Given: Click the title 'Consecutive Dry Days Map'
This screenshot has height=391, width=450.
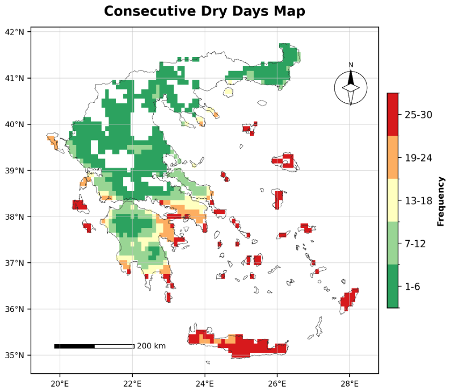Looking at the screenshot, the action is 204,11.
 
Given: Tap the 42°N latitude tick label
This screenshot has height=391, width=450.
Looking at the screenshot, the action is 15,32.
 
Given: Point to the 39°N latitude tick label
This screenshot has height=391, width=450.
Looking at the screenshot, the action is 15,171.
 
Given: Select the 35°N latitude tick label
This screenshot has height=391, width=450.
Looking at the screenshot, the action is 15,355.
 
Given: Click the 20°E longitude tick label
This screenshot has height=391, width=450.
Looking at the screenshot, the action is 60,383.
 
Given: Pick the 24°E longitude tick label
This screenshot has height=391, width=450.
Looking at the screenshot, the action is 205,383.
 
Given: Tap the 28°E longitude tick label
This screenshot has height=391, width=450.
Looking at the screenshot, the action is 349,383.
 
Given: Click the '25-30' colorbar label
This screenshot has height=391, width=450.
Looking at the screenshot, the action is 418,115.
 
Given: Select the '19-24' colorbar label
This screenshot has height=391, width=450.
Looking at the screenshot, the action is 418,158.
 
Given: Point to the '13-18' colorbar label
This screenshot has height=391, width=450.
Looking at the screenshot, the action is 418,201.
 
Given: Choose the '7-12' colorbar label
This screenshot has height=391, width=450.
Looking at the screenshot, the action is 415,244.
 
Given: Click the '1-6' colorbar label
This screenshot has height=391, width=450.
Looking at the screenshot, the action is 412,287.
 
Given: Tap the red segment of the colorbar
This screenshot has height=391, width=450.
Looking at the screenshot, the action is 392,114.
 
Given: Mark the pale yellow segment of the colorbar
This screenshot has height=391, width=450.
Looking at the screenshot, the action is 392,200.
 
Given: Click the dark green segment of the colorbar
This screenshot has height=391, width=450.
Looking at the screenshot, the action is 392,287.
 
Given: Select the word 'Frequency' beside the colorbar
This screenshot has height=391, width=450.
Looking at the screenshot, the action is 440,201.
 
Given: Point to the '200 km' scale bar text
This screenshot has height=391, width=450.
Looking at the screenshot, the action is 151,346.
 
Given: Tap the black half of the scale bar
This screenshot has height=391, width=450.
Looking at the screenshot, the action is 74,346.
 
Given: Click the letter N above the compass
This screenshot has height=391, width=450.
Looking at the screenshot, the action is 351,65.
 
